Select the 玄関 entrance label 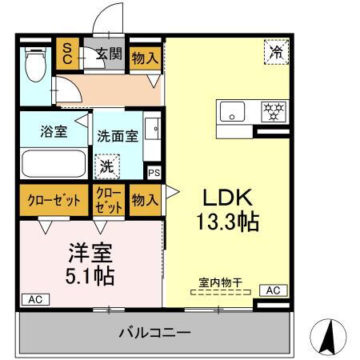point(108,54)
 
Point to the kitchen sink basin point(233,112)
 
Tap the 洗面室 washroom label point(118,135)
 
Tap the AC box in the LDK point(271,290)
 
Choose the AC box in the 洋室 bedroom point(35,299)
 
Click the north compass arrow point(330,335)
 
